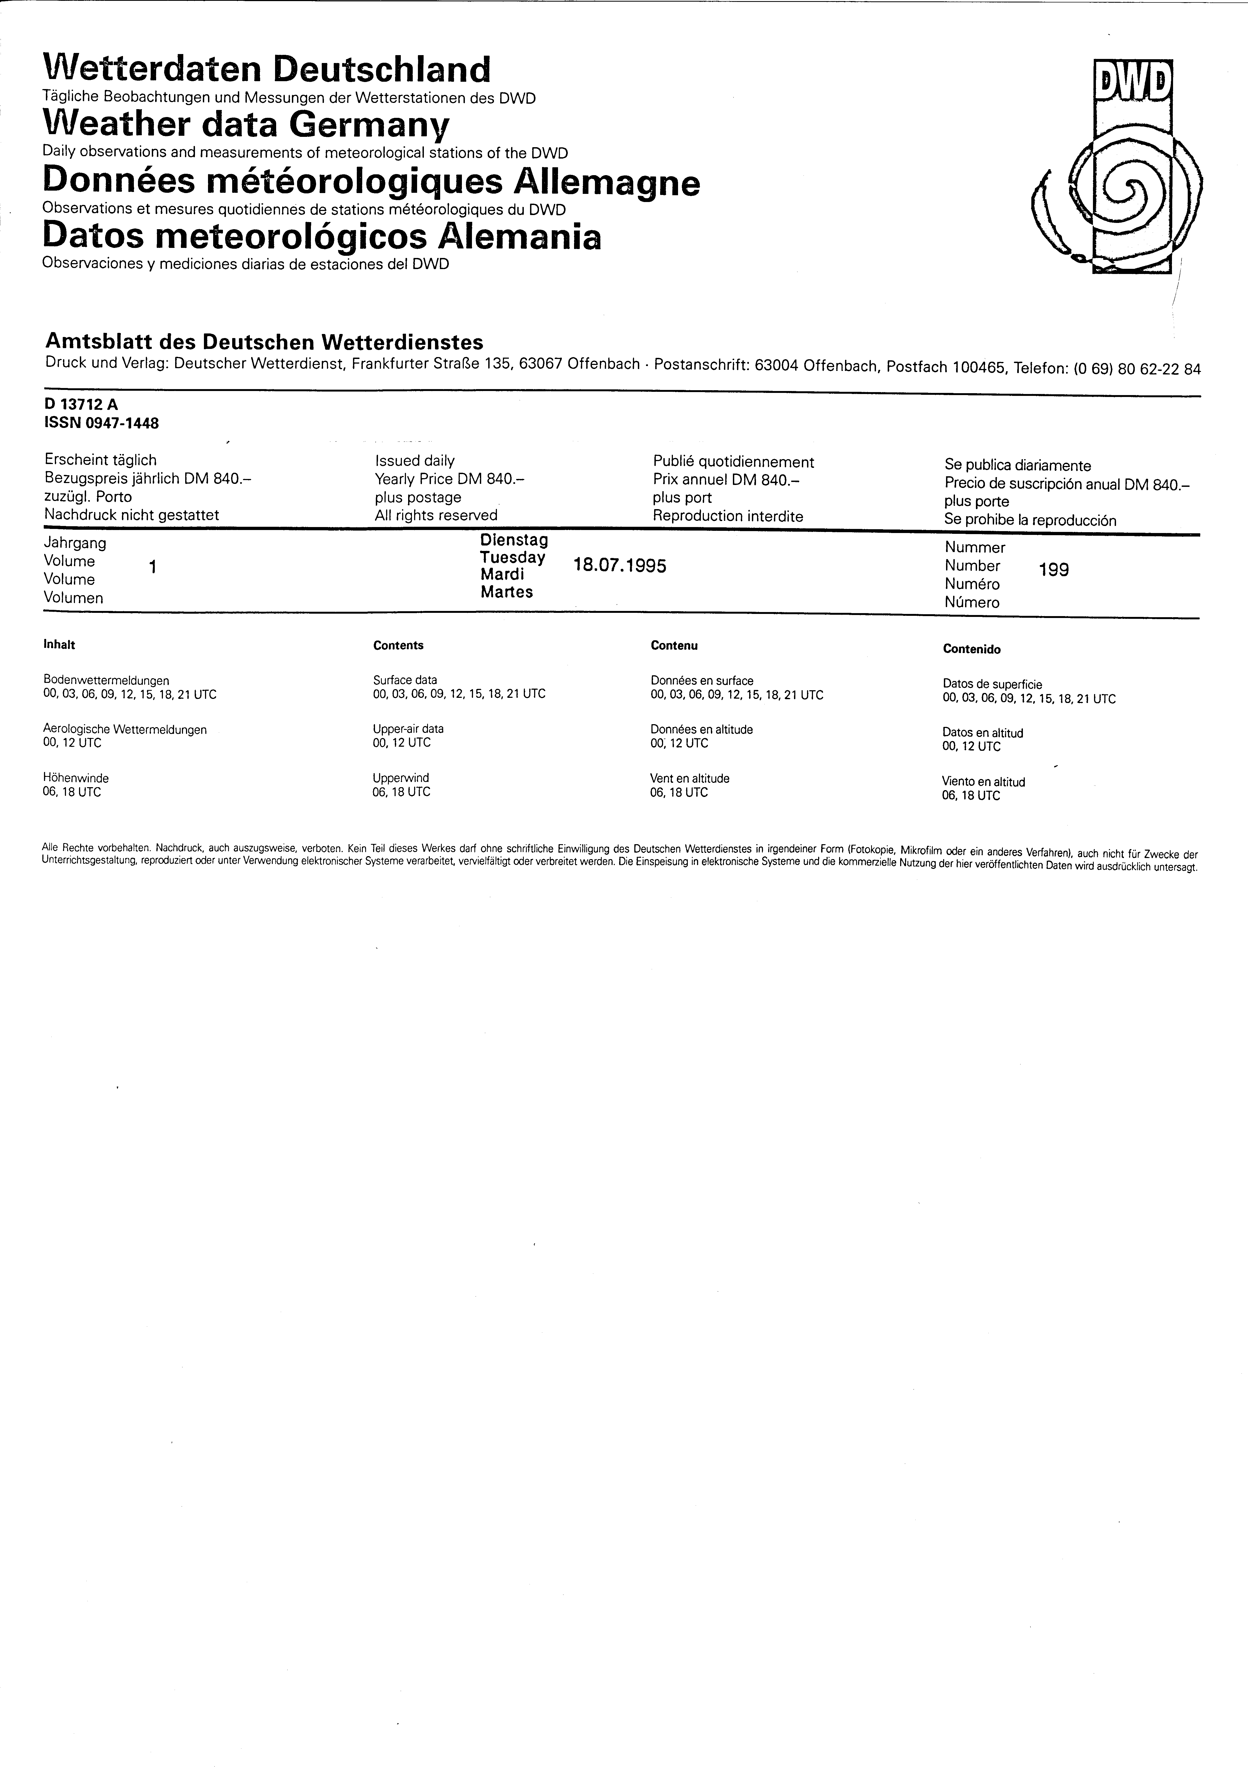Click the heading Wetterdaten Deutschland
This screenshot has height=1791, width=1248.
pos(267,70)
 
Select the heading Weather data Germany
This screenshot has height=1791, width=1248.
pos(247,125)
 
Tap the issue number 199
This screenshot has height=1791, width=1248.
pos(1054,570)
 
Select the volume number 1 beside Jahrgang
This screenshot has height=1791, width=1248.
pos(153,568)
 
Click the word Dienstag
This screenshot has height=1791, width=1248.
pos(514,540)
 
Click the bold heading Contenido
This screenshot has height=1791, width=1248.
pos(972,649)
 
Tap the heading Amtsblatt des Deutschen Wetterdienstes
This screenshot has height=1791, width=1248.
pos(264,342)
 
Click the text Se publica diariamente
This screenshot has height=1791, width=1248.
pos(1018,466)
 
